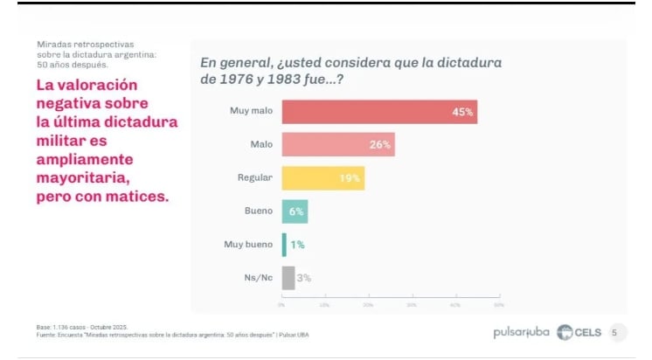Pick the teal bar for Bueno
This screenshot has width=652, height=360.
click(x=295, y=211)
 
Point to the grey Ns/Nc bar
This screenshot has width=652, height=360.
click(x=288, y=278)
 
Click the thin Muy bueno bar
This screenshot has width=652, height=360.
click(x=284, y=245)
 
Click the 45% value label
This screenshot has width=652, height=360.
click(x=463, y=112)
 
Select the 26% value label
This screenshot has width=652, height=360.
click(x=380, y=144)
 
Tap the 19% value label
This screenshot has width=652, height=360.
click(x=350, y=178)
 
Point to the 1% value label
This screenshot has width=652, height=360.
click(x=297, y=245)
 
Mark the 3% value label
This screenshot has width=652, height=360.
click(x=304, y=278)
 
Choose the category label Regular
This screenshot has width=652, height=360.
click(x=256, y=178)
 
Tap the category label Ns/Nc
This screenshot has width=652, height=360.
click(x=259, y=278)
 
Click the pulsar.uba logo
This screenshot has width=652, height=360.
click(x=521, y=332)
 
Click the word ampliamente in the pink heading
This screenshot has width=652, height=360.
click(x=85, y=160)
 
